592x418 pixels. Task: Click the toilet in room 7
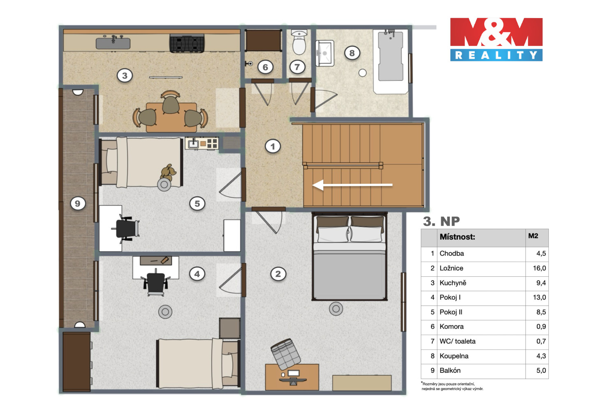tap(299, 42)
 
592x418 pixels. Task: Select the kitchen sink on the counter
tap(113, 43)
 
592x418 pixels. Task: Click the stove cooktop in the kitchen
tap(187, 43)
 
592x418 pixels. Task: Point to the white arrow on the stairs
tap(353, 185)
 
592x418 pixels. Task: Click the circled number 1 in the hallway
tap(273, 146)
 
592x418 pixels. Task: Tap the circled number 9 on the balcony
tap(77, 204)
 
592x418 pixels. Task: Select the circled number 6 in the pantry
tap(265, 67)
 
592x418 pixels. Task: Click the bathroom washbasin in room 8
tap(325, 53)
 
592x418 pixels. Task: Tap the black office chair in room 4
tap(156, 282)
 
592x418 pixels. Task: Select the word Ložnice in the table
tap(451, 268)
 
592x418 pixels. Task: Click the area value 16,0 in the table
tap(539, 268)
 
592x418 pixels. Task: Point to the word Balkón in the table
tap(450, 370)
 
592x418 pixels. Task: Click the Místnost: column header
tap(457, 237)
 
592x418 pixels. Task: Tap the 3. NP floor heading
tap(442, 221)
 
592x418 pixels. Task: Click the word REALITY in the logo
tap(496, 55)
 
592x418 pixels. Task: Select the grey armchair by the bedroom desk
tap(286, 354)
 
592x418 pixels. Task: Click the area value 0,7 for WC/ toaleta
tap(541, 341)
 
